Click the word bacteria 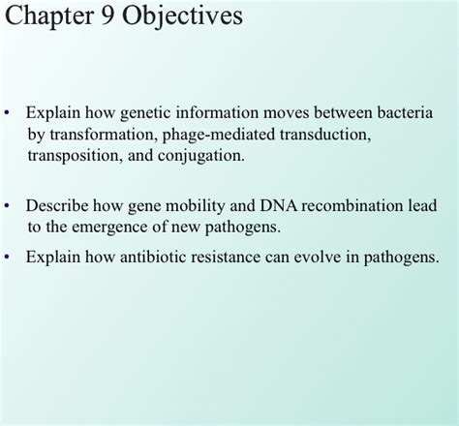click(406, 112)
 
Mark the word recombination click(352, 206)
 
